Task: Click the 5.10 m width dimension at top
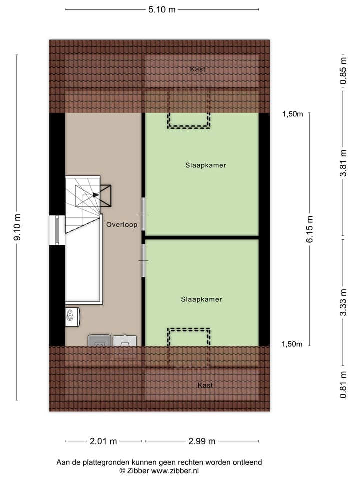point(162,9)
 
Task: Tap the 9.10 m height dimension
point(17,227)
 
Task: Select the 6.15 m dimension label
point(310,229)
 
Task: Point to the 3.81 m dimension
point(343,163)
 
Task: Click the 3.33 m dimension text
point(343,302)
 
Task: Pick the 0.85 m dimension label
point(343,73)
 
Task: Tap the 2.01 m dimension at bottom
point(103,441)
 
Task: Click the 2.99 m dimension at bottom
point(202,441)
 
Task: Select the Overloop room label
point(121,225)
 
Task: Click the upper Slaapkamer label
point(202,165)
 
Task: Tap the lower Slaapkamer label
point(201,299)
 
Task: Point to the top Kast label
point(197,69)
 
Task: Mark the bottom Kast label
point(205,385)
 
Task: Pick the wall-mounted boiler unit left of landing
point(72,316)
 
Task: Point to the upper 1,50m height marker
point(293,114)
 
